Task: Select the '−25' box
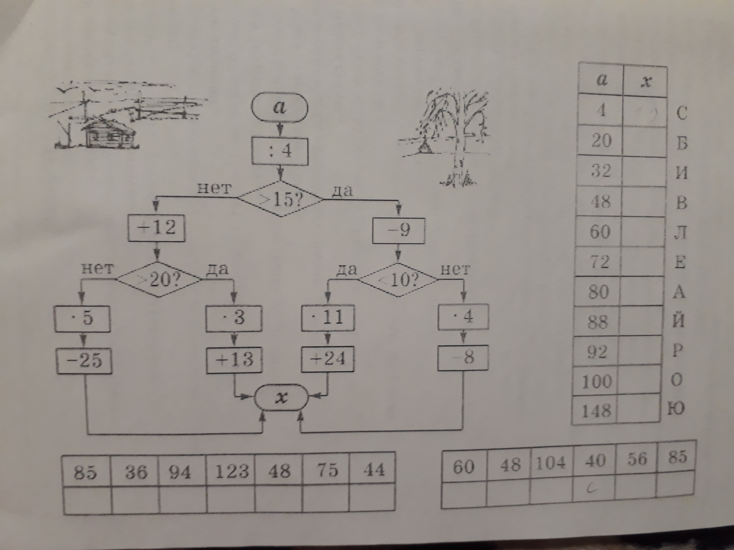84,360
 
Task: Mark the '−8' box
463,358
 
